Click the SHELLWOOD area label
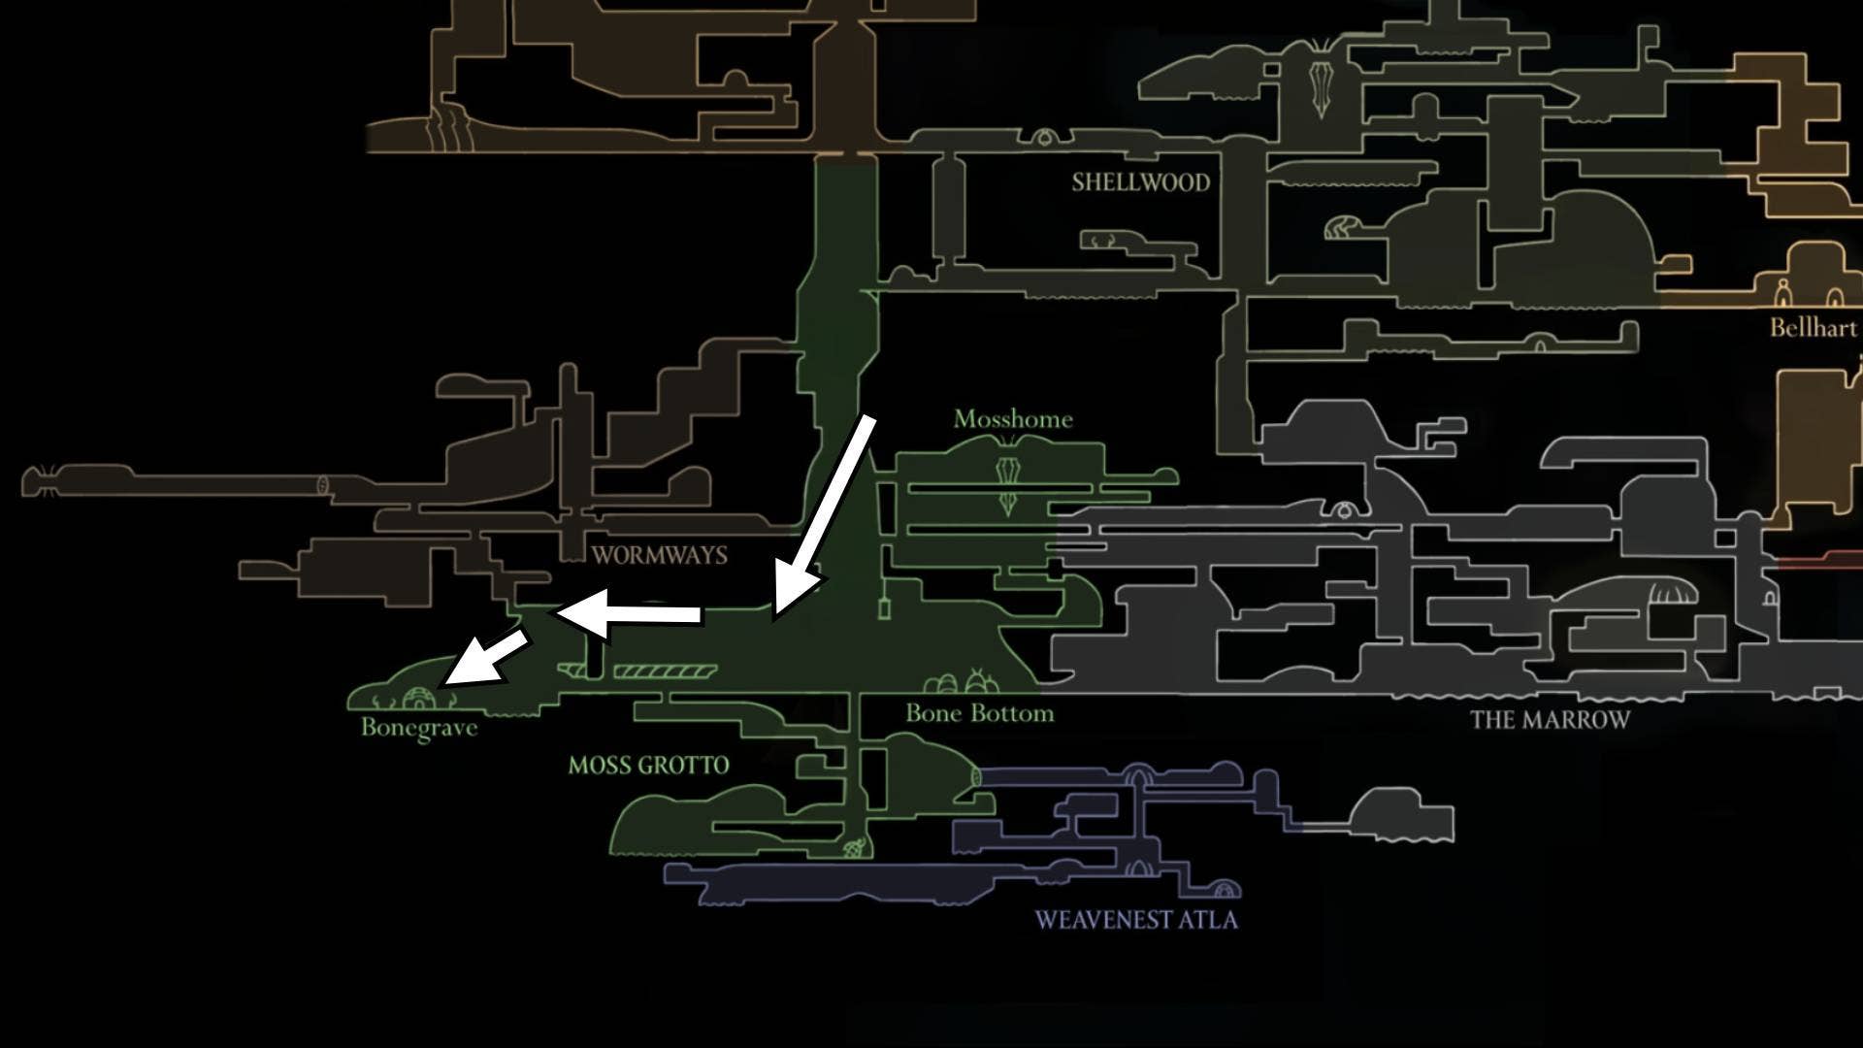(x=1140, y=182)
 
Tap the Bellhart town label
(x=1813, y=327)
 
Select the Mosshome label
(x=1013, y=419)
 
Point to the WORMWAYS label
(x=659, y=555)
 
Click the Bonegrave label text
(x=419, y=727)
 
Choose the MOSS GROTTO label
(x=648, y=766)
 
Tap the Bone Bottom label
(x=979, y=713)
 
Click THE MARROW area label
(x=1550, y=720)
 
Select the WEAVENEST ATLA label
(x=1136, y=920)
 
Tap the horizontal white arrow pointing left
(x=631, y=613)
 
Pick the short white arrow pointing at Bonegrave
(x=485, y=660)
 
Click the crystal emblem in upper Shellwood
(x=1319, y=87)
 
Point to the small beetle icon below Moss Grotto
(x=855, y=850)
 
